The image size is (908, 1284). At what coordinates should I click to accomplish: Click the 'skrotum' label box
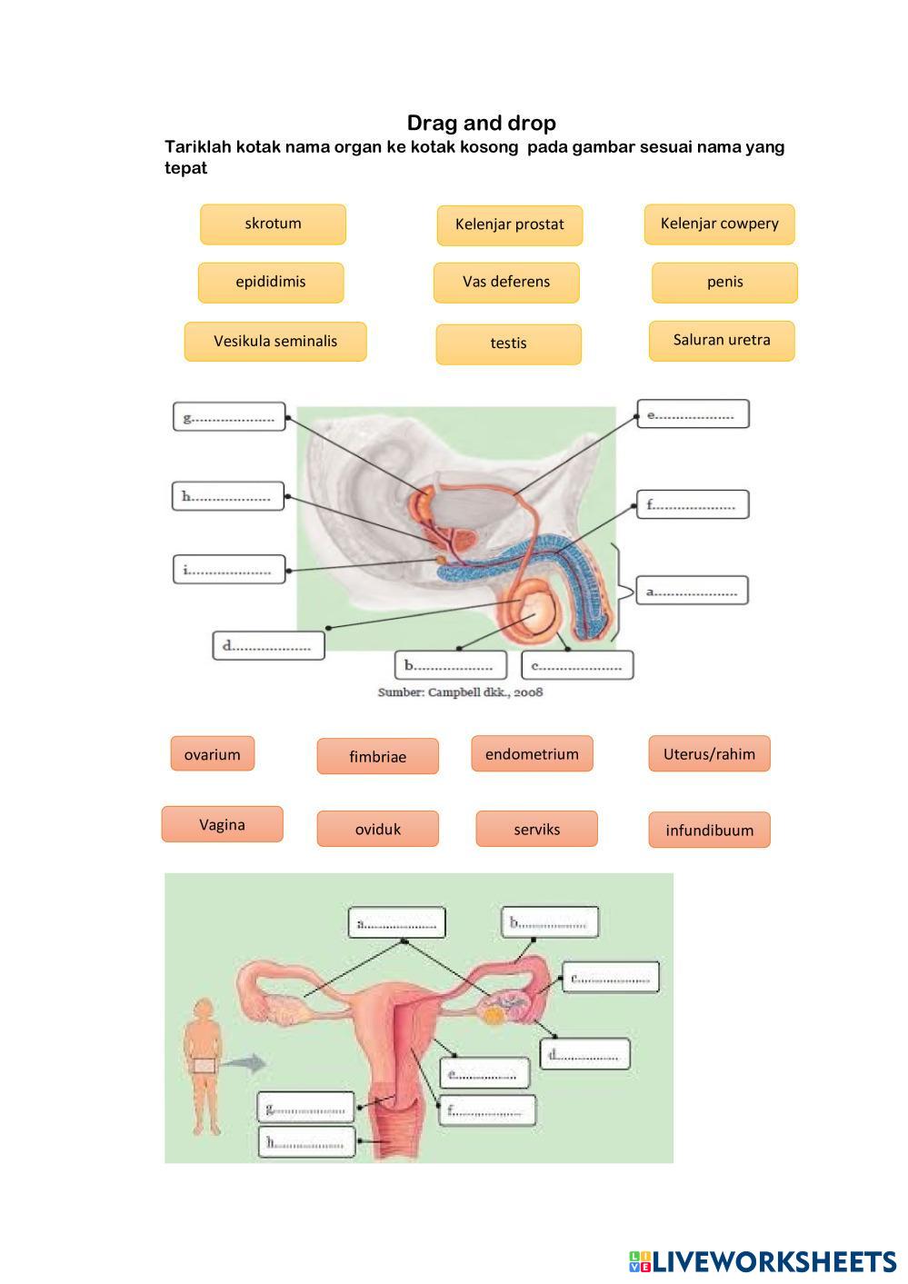tap(273, 224)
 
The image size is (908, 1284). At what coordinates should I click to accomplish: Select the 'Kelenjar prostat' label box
tap(509, 225)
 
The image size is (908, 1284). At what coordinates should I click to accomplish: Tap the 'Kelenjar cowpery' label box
tap(719, 224)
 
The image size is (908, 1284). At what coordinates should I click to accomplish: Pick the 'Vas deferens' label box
tap(506, 283)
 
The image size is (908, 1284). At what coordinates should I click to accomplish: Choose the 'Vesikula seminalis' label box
tap(275, 342)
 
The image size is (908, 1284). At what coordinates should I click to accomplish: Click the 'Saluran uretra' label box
tap(722, 341)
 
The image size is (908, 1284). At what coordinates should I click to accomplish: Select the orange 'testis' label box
tap(508, 344)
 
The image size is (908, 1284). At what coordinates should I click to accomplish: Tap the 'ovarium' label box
tap(212, 754)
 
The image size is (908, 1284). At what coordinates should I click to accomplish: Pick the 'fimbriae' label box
tap(377, 756)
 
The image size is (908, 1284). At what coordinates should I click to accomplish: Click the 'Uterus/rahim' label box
tap(709, 754)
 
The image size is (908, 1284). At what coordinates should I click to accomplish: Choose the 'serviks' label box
tap(536, 829)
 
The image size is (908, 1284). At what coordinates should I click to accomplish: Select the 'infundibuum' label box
tap(709, 830)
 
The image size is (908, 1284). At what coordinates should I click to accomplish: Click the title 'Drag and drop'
tap(481, 123)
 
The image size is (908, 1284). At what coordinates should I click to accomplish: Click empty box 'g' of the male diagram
tap(229, 417)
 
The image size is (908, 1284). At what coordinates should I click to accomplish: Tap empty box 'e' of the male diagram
tap(693, 414)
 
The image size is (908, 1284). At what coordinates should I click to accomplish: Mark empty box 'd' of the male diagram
tap(268, 646)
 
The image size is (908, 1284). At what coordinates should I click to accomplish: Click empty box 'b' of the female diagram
tap(550, 922)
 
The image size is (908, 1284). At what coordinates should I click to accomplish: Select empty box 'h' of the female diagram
tap(306, 1142)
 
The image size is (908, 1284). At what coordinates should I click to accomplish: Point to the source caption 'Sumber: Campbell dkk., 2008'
tap(460, 692)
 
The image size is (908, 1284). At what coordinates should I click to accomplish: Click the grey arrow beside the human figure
tap(244, 1063)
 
